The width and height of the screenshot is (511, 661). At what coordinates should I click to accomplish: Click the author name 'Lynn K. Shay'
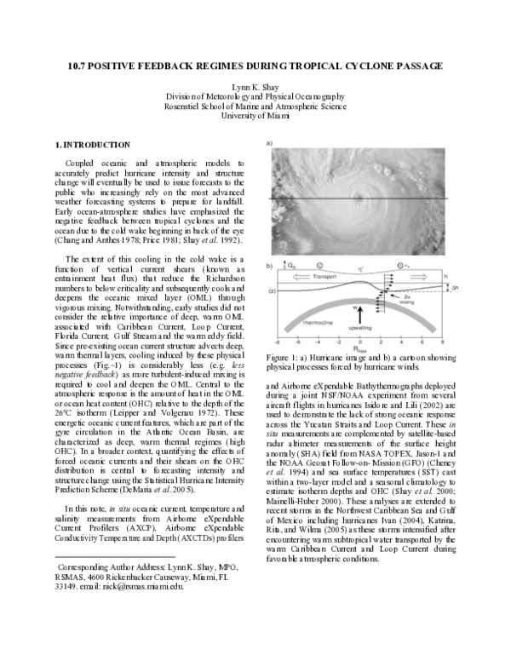(x=255, y=87)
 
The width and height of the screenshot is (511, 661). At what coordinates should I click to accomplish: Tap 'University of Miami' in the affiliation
(x=255, y=115)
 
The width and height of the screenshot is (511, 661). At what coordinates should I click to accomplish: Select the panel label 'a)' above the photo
(x=270, y=143)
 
